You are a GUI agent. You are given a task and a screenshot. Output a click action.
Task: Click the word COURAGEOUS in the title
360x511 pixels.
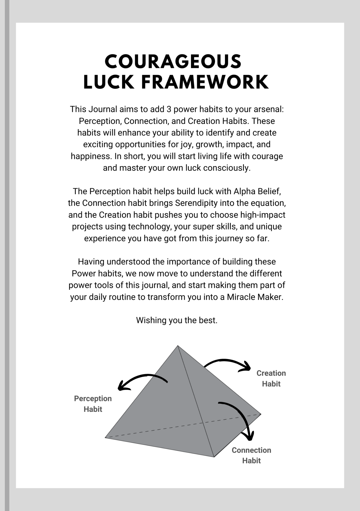(173, 62)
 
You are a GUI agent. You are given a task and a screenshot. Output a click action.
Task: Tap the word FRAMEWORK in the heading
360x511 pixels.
(205, 82)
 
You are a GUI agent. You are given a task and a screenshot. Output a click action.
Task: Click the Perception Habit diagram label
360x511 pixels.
(93, 404)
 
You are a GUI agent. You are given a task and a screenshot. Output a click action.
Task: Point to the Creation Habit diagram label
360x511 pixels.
(271, 378)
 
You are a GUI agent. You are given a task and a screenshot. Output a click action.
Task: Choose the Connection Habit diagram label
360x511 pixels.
(251, 455)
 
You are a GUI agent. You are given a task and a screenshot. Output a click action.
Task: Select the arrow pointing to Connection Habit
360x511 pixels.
(241, 416)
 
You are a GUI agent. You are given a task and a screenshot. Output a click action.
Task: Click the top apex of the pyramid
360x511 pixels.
(178, 346)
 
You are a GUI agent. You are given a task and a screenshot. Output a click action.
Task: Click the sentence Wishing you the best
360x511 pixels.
(177, 320)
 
